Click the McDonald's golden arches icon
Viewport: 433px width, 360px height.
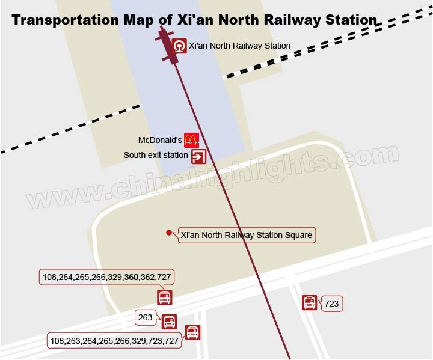point(191,140)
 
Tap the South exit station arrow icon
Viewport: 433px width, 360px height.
point(198,156)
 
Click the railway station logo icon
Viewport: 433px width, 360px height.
point(179,46)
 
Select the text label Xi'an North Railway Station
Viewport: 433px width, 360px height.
point(239,46)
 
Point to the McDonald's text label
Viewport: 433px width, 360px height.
point(160,140)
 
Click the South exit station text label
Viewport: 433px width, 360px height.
point(156,155)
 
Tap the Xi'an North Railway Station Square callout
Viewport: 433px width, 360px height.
point(246,235)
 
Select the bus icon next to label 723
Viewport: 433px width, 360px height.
point(309,302)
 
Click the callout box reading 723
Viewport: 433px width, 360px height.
point(331,304)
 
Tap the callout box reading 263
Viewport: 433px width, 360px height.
point(146,317)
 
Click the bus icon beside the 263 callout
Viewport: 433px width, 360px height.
point(169,322)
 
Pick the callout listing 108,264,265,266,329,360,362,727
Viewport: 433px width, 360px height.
point(106,277)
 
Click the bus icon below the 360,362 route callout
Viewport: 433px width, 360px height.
point(164,297)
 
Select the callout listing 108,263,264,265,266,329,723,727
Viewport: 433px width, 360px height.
point(114,341)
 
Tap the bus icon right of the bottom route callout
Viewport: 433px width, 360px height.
point(192,332)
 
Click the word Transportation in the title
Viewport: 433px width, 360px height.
point(66,20)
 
